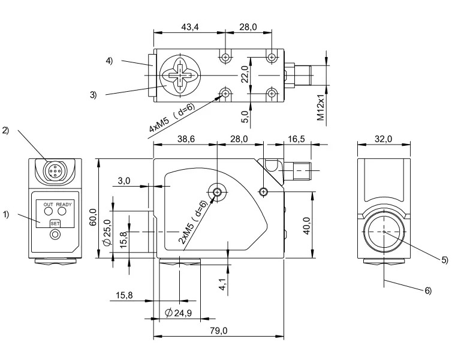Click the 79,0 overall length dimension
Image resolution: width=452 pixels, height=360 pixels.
point(218,331)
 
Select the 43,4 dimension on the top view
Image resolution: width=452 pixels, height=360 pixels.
point(190,27)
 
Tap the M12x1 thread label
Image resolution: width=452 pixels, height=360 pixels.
point(321,107)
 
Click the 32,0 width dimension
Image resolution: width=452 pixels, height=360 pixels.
point(384,139)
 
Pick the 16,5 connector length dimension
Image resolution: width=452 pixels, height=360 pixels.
point(296,139)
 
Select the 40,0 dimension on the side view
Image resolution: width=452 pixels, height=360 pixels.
point(306,226)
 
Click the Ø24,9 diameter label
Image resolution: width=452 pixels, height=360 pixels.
point(179,313)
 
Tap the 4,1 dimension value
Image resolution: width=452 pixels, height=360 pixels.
point(222,284)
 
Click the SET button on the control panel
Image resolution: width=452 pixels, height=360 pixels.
point(55,224)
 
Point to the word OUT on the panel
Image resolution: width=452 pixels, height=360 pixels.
point(49,205)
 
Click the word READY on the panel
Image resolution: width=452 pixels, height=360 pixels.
point(64,205)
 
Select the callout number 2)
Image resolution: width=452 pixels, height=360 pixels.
point(5,130)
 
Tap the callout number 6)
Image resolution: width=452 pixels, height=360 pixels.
point(429,291)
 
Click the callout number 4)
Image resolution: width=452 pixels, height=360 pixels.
point(109,61)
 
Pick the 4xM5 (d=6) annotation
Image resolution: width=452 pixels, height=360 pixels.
point(172,118)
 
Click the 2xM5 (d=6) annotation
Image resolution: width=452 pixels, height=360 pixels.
point(193,222)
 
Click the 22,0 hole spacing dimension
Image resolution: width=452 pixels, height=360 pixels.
point(245,74)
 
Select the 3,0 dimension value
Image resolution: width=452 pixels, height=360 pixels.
point(124,181)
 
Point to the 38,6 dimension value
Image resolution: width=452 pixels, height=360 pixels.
point(186,139)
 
